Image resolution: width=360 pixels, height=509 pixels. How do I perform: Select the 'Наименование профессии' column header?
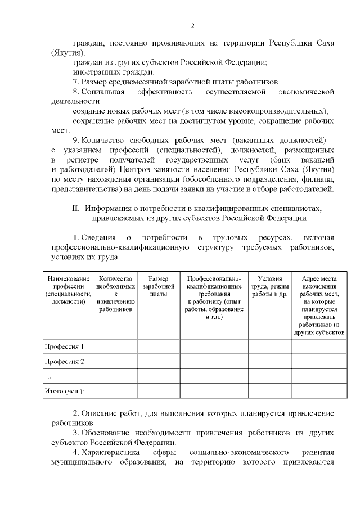pyautogui.click(x=69, y=290)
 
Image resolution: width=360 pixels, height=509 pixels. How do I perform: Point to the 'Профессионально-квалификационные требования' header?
pyautogui.click(x=214, y=298)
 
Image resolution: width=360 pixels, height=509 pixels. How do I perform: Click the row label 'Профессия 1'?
pyautogui.click(x=64, y=346)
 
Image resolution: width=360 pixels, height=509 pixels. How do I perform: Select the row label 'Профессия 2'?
pyautogui.click(x=64, y=361)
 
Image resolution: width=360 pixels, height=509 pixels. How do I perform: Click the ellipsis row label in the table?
pyautogui.click(x=47, y=376)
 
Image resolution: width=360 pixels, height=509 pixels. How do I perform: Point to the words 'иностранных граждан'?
pyautogui.click(x=105, y=72)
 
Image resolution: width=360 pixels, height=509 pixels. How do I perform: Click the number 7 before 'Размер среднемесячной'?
pyautogui.click(x=75, y=82)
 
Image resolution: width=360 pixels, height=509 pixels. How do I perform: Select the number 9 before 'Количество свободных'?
pyautogui.click(x=75, y=139)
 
